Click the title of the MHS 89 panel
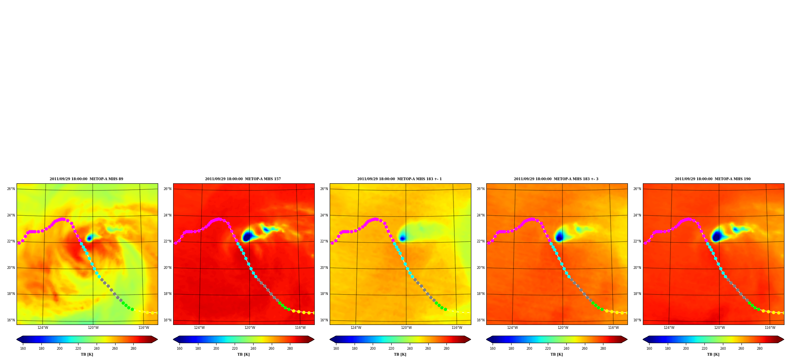pos(86,179)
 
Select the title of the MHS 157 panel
pos(243,179)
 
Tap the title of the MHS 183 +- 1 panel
pos(400,179)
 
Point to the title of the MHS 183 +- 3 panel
pos(556,179)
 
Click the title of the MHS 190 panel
pos(713,179)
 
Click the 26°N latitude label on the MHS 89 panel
pos(11,189)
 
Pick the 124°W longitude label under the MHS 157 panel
pos(199,328)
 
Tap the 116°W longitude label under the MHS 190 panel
pos(770,328)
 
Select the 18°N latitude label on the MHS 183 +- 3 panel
pos(480,294)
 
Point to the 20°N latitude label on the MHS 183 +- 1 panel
pos(324,268)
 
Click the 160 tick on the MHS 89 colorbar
pos(23,349)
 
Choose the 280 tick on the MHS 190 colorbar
pos(760,349)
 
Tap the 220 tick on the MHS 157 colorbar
pos(235,349)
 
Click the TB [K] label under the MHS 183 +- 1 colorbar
pos(400,354)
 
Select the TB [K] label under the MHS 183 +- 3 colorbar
pos(556,354)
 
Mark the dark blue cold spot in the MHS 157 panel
pos(247,237)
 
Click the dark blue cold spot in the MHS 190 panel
pos(717,237)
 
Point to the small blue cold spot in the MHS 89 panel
pos(89,238)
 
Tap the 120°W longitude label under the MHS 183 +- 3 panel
pos(563,328)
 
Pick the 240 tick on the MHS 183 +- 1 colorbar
pos(410,349)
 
